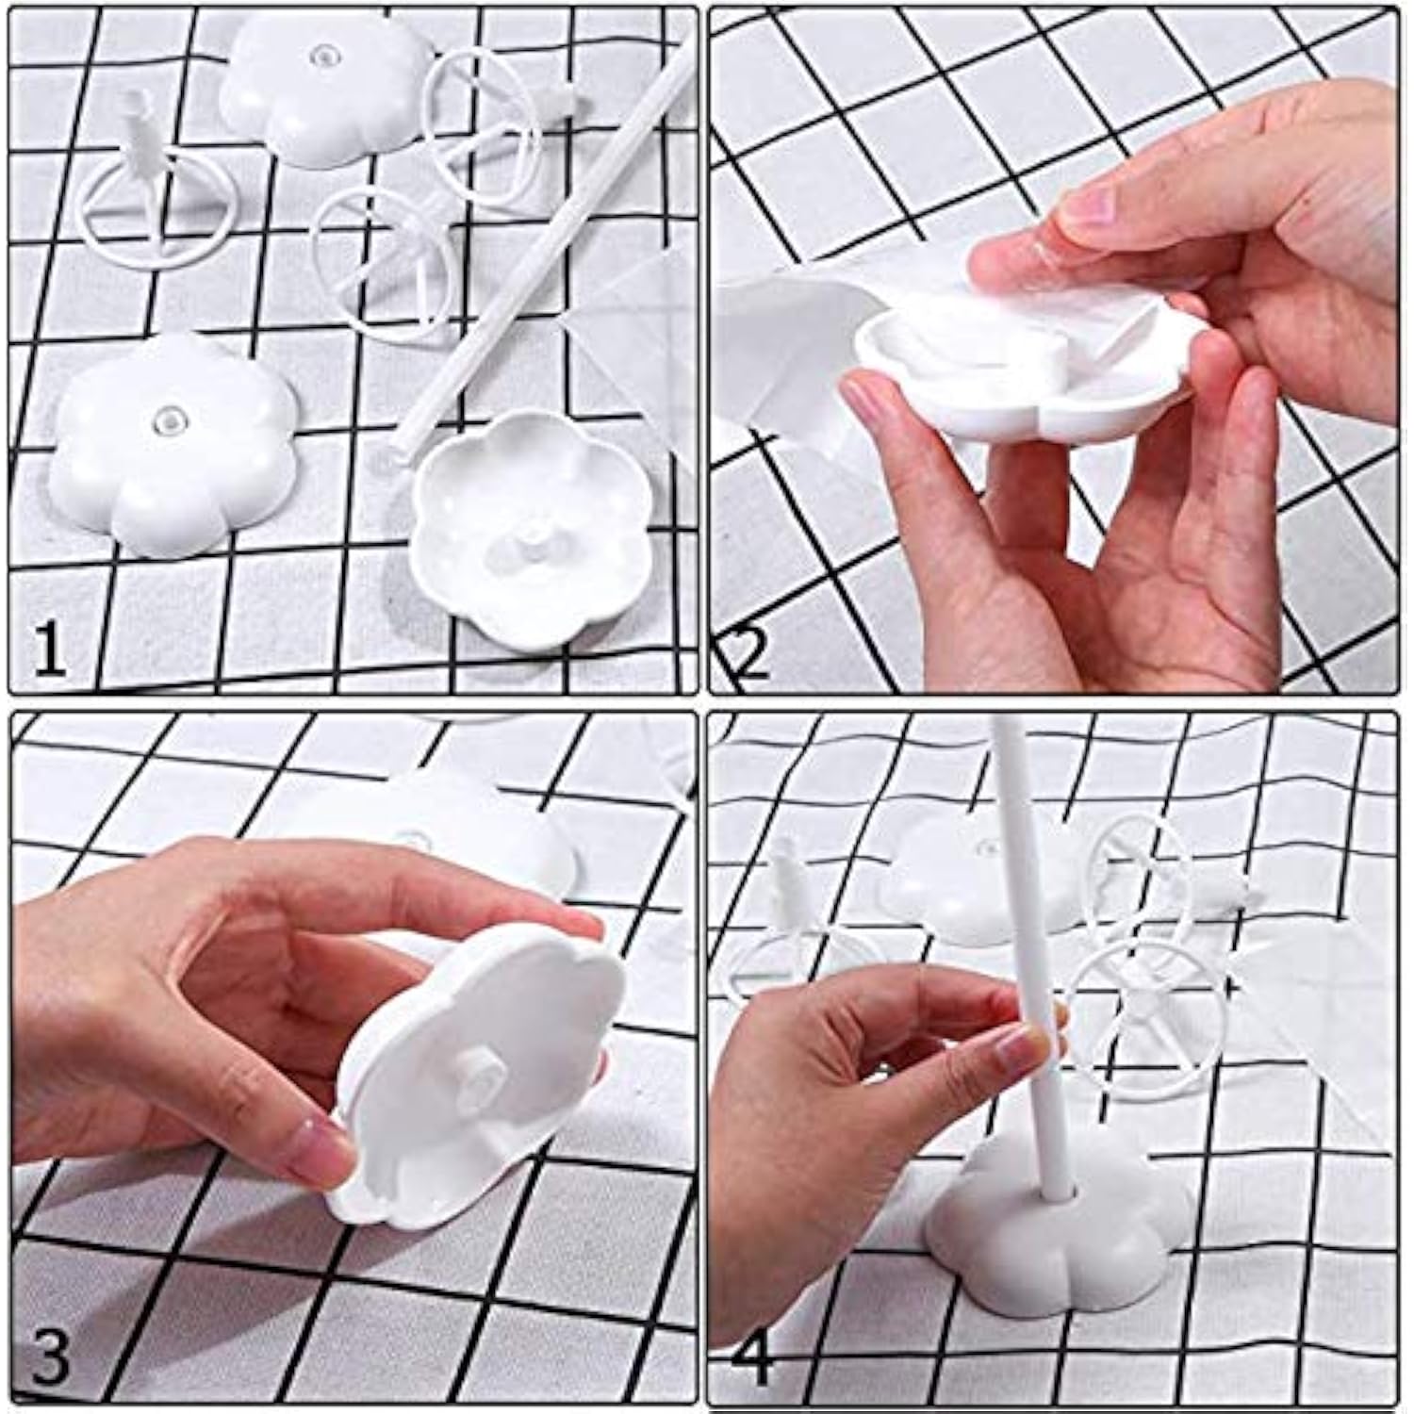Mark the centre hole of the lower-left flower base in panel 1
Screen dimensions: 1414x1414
[x=167, y=416]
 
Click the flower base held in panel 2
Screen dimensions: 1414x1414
[x=1028, y=386]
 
